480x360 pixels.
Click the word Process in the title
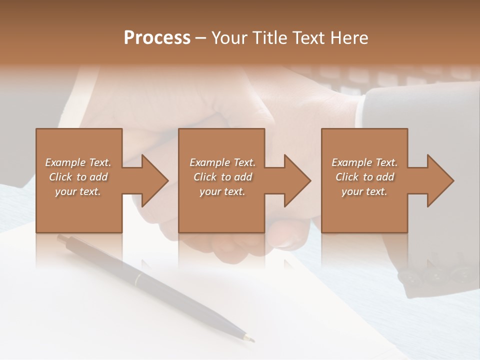pos(157,38)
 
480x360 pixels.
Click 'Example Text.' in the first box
pos(78,162)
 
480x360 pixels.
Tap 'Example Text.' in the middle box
pos(222,162)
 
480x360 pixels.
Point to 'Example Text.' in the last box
pos(364,162)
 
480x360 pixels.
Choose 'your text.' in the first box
pos(78,191)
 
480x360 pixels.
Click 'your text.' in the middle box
pos(222,191)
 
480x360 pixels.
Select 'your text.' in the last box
pos(364,191)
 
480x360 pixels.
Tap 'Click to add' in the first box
pos(78,177)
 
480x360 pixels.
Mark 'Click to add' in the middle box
pos(222,177)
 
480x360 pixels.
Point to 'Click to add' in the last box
pos(364,177)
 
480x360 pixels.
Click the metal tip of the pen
pos(248,338)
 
